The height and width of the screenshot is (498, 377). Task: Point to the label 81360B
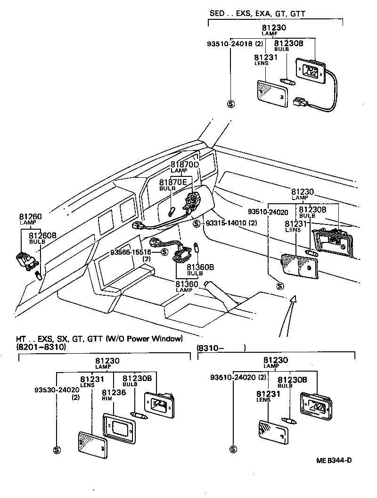(201, 267)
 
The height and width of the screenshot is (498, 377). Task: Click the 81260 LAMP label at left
(30, 217)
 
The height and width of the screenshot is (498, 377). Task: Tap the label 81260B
(43, 235)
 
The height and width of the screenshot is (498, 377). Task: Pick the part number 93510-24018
(229, 44)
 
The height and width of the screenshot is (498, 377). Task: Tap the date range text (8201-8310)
(41, 347)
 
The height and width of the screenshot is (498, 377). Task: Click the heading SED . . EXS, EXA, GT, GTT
(257, 14)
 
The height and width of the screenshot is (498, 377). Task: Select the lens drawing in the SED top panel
(270, 94)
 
